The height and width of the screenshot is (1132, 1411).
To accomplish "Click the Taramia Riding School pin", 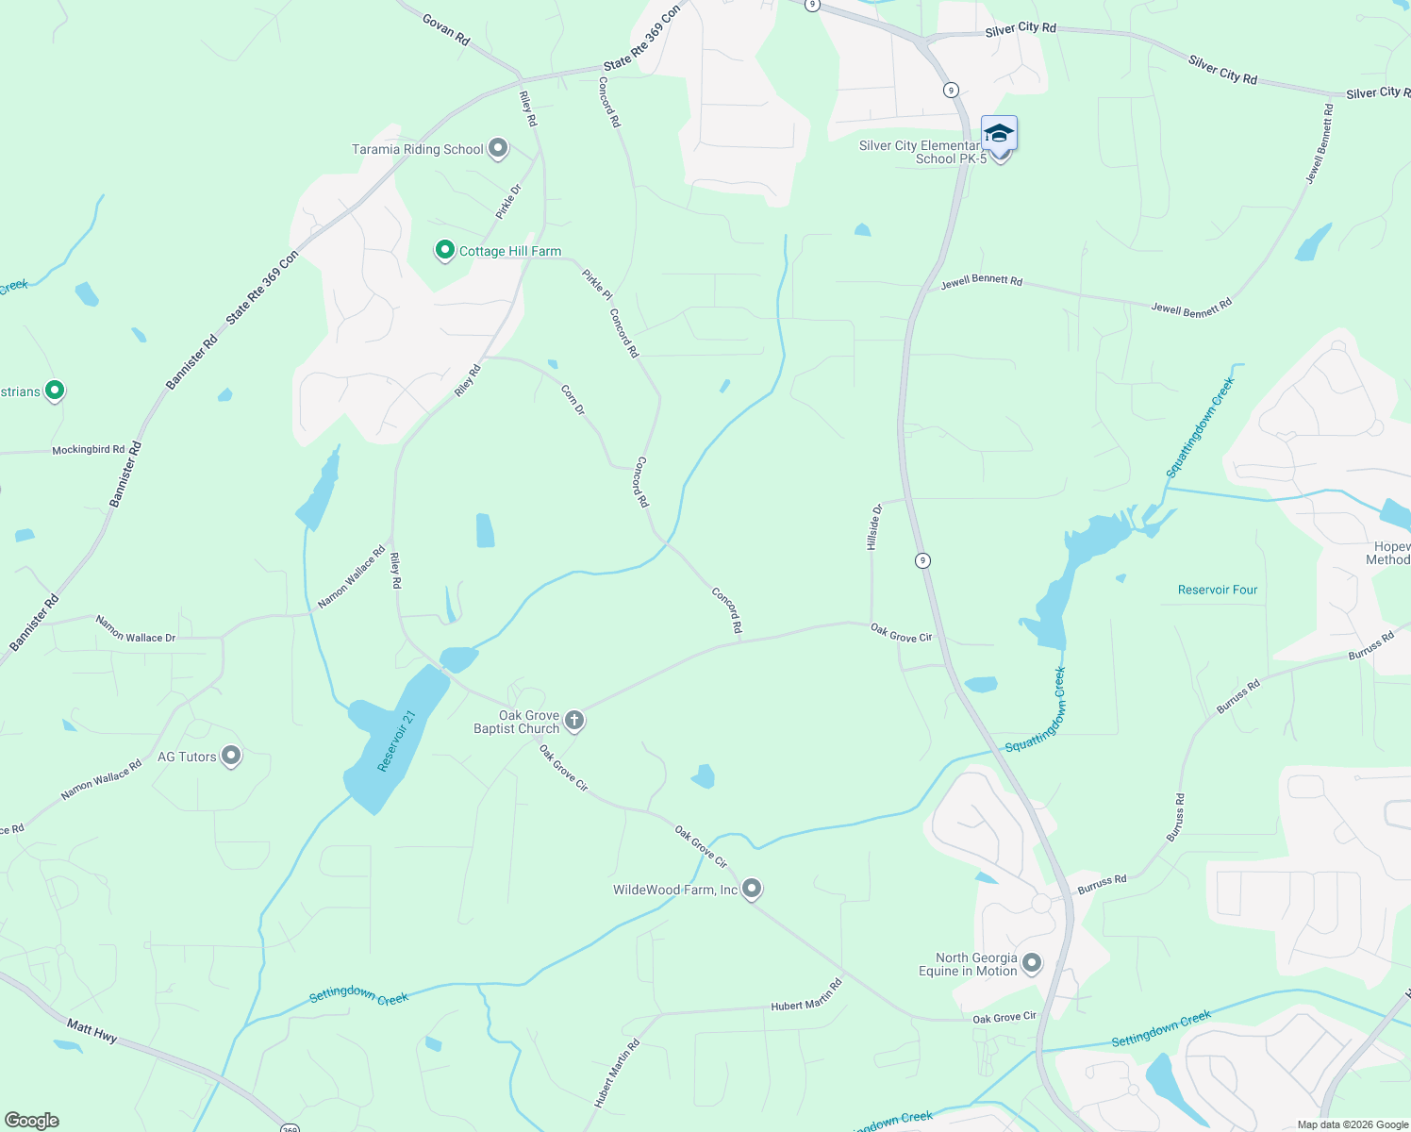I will (498, 149).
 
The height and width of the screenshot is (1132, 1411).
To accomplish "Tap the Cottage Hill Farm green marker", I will (445, 251).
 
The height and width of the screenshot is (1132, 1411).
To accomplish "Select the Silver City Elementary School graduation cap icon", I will (999, 134).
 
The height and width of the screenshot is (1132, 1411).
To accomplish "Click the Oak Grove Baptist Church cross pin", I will (573, 722).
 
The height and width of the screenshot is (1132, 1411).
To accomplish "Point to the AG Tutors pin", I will (231, 757).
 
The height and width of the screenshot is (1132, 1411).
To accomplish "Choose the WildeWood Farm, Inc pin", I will (752, 889).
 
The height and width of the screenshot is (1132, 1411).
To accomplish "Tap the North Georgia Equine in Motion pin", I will (1032, 963).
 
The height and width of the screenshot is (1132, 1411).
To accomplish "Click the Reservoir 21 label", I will (396, 741).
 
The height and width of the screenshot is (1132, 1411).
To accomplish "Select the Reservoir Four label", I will (1218, 590).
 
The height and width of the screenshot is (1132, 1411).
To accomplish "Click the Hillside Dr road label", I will (874, 526).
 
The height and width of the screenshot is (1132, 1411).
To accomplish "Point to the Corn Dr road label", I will (573, 399).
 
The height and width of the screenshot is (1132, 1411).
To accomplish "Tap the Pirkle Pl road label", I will (597, 285).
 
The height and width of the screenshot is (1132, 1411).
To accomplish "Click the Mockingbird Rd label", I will (89, 450).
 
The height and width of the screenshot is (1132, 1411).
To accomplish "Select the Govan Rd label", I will (446, 29).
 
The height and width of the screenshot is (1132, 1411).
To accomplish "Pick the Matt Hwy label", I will (91, 1029).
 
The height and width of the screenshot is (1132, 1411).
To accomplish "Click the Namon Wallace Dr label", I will (136, 630).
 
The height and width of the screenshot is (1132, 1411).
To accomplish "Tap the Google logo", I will (32, 1121).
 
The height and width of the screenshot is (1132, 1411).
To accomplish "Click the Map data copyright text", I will (1353, 1124).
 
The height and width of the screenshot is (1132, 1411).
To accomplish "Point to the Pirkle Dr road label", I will (508, 202).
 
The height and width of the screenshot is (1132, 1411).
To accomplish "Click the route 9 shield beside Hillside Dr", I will (922, 560).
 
